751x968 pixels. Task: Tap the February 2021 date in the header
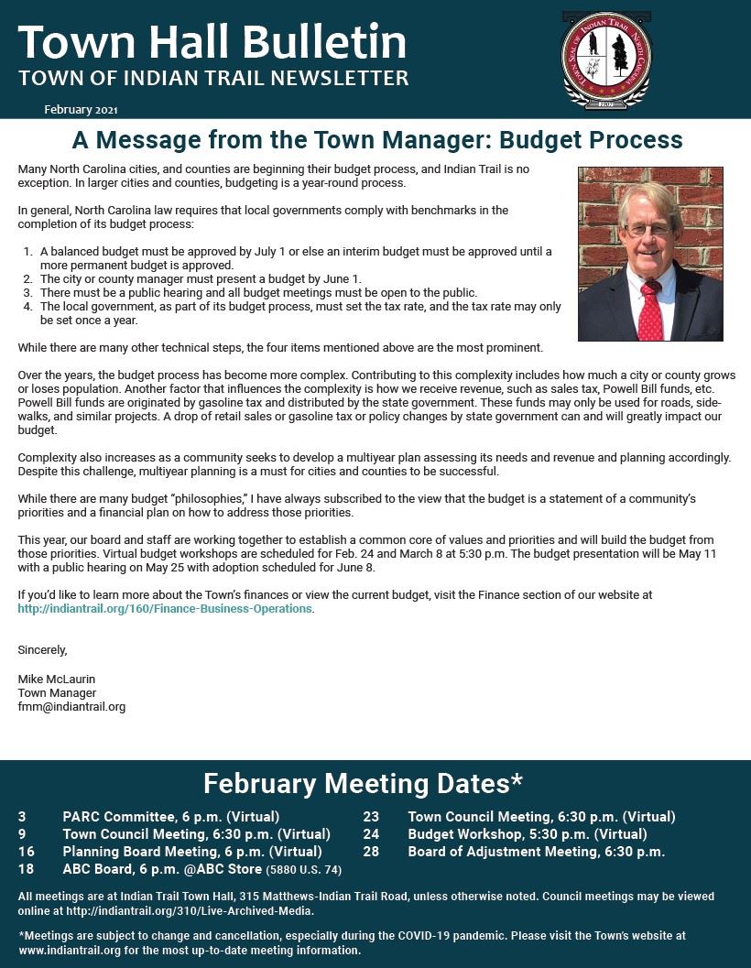(x=81, y=110)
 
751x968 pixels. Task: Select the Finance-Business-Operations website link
(x=165, y=608)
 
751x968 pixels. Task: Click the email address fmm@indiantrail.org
(x=71, y=707)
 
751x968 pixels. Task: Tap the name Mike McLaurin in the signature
(x=56, y=679)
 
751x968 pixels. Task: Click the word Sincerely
(x=42, y=650)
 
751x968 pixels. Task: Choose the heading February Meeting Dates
(x=363, y=784)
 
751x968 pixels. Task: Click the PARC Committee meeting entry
(x=170, y=816)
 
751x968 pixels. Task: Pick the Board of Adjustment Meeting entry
(x=536, y=852)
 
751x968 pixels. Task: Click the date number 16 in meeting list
(x=26, y=852)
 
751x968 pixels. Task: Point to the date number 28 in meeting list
(x=371, y=852)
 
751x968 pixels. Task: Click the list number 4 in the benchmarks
(x=27, y=307)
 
